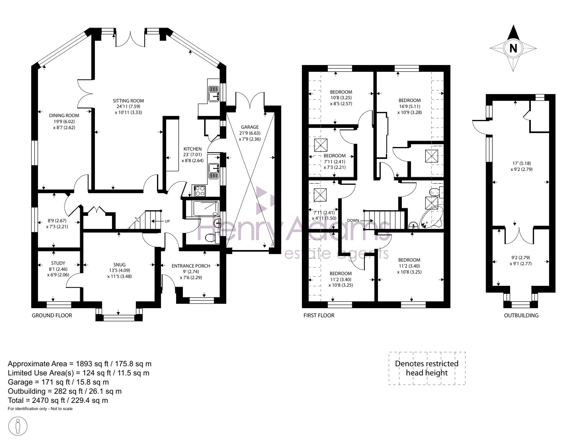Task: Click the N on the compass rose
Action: coord(513,48)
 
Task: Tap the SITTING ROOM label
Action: coord(128,101)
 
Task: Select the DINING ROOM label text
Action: coord(64,115)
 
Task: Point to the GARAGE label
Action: coord(250,127)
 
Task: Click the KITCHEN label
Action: coord(193,149)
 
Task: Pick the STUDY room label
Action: coord(58,263)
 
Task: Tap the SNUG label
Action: coord(119,264)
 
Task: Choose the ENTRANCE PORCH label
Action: coord(191,266)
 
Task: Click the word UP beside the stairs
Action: coord(167,221)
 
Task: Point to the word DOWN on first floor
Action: coord(353,220)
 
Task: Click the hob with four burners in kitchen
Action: coord(200,191)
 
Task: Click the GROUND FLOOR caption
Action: coord(52,315)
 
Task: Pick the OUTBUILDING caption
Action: coord(521,315)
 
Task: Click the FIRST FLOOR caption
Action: coord(319,315)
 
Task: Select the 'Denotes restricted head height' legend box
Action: coord(427,368)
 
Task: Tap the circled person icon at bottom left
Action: coord(18,426)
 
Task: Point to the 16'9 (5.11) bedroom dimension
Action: coord(410,106)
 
